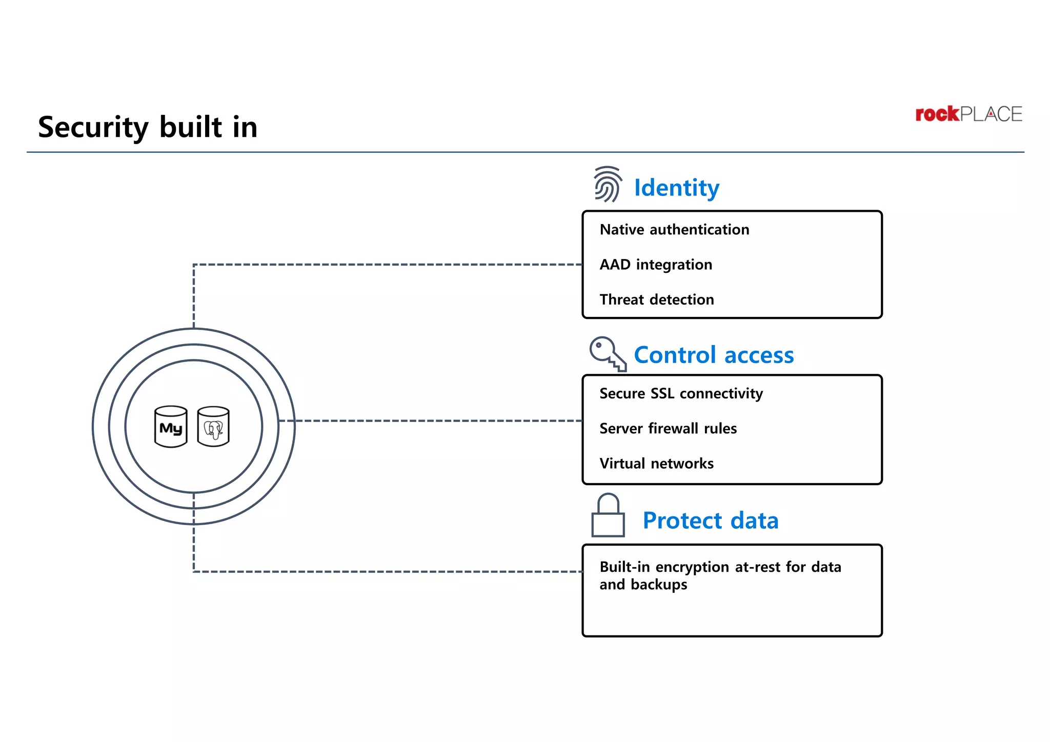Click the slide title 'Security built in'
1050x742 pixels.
(148, 127)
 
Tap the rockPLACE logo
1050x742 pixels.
(968, 114)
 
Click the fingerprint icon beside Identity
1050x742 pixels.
(608, 184)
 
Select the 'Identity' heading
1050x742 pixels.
(676, 188)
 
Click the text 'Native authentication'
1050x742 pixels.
(674, 230)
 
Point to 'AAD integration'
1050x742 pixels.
(656, 265)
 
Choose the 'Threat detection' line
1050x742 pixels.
(656, 299)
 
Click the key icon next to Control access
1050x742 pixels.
(608, 353)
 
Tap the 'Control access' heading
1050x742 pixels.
(714, 355)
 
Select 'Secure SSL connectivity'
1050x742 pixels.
(681, 393)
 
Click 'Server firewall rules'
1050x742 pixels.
(668, 428)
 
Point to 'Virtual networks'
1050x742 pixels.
(656, 464)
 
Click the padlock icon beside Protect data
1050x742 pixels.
(608, 516)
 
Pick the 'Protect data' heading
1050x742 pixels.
(711, 520)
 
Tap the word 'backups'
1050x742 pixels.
(659, 585)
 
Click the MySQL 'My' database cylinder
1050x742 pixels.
(171, 427)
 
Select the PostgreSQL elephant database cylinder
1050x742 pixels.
(213, 427)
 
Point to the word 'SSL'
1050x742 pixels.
(662, 393)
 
